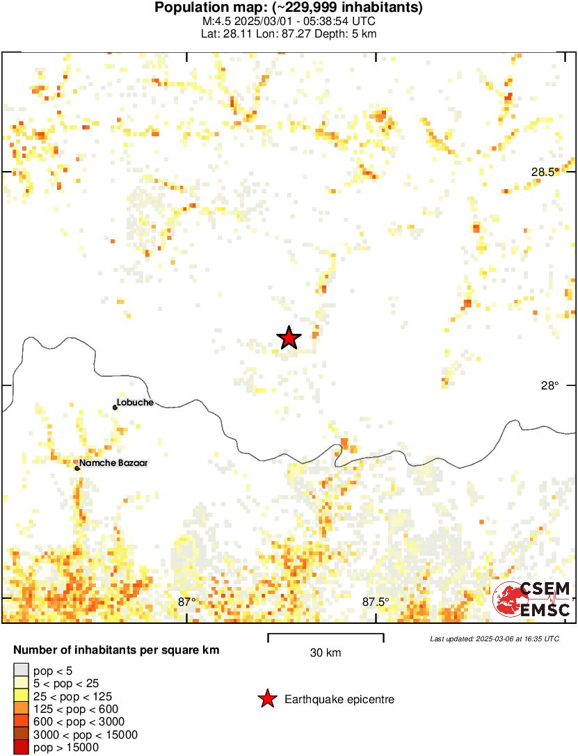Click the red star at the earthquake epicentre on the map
pos(289,338)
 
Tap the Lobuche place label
pos(135,402)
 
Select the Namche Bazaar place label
pos(113,463)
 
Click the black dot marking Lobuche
pos(115,408)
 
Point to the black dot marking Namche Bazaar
pos(77,468)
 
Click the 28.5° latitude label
pos(545,172)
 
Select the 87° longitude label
pos(186,602)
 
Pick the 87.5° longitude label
pos(376,602)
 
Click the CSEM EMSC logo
pos(532,600)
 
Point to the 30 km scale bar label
pos(326,652)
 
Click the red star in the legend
pos(267,699)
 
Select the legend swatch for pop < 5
pos(22,670)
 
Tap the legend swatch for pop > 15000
pos(22,747)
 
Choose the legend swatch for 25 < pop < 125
pos(22,696)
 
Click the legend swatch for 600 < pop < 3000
pos(22,722)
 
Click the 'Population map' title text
pos(289,8)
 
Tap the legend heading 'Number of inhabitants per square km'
pos(117,650)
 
